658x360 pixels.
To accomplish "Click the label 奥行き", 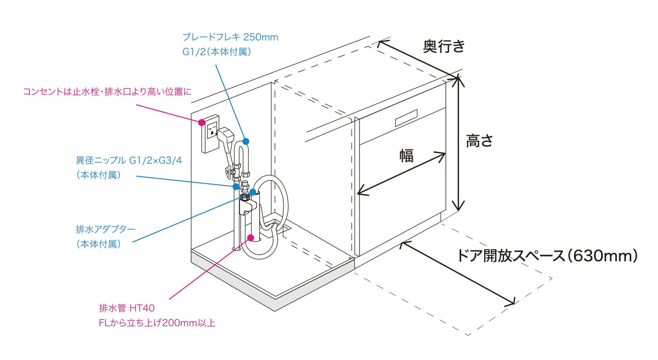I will (x=444, y=47).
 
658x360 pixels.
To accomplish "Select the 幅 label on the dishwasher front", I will (x=406, y=156).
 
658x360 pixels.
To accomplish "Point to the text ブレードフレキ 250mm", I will (x=230, y=37).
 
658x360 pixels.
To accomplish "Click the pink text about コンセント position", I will (x=107, y=92).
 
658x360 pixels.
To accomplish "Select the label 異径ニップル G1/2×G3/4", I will (x=129, y=160).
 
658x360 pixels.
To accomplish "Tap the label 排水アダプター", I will (x=105, y=229).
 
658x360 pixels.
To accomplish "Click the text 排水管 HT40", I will (x=127, y=308).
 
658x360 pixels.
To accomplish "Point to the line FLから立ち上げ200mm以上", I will (x=157, y=323).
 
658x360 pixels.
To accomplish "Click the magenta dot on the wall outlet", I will (x=202, y=122).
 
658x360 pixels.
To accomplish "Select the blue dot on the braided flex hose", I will (x=246, y=141).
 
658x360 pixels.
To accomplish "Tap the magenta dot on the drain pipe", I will (x=251, y=238).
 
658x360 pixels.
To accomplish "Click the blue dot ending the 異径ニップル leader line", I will (x=236, y=186).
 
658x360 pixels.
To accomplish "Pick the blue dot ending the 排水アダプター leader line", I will (x=253, y=192).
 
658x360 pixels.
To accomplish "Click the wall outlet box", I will (x=210, y=134).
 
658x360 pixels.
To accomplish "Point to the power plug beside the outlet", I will (x=226, y=135).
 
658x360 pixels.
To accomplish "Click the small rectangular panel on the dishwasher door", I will (x=406, y=118).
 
